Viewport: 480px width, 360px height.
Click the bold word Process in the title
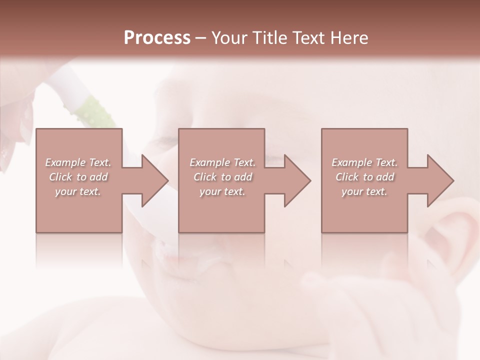click(x=157, y=38)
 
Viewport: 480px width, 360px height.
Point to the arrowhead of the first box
click(x=153, y=180)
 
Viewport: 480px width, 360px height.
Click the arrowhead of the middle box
click(x=296, y=180)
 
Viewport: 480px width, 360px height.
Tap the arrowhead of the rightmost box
click(x=439, y=180)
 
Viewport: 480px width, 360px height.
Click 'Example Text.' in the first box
click(x=78, y=162)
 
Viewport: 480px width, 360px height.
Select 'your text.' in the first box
click(x=78, y=191)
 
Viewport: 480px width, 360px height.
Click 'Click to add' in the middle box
click(x=222, y=177)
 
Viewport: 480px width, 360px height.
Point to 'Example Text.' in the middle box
click(x=222, y=162)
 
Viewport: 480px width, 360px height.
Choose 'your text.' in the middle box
click(x=222, y=191)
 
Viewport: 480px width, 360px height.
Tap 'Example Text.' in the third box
click(x=364, y=162)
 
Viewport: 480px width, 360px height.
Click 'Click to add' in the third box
click(x=364, y=177)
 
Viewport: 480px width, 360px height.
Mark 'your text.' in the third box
click(x=364, y=191)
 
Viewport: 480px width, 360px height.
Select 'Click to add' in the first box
click(x=78, y=177)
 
